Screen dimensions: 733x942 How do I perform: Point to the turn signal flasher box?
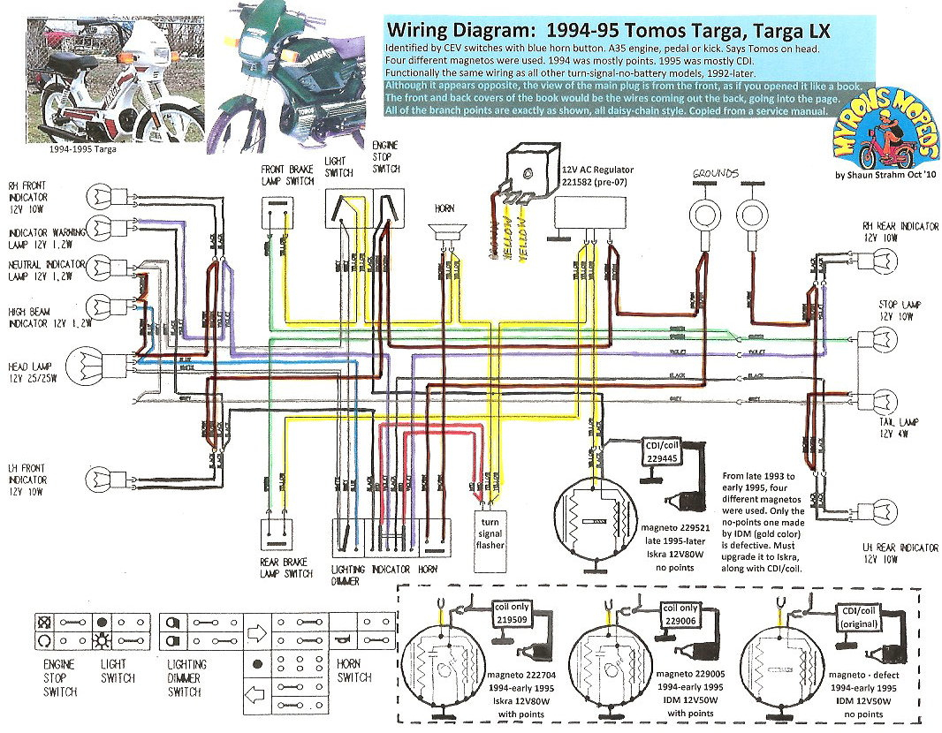pos(491,531)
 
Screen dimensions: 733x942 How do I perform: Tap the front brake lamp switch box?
pos(277,210)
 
